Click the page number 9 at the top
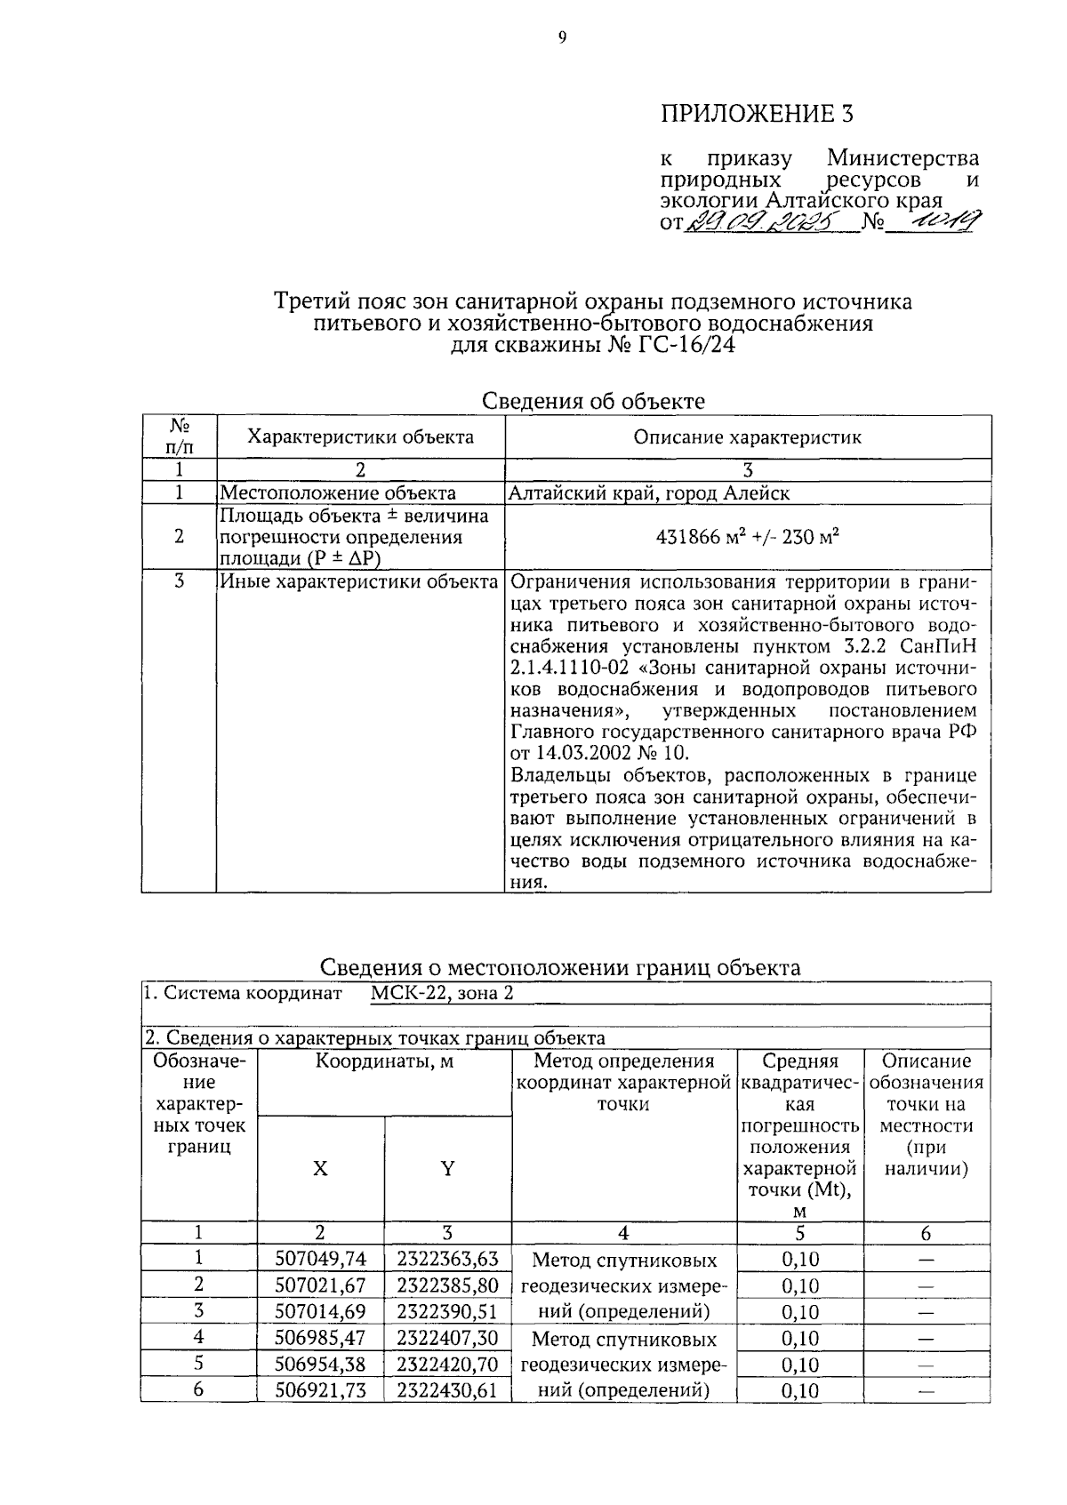[x=562, y=37]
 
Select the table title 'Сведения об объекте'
[x=592, y=401]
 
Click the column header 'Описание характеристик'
[x=747, y=437]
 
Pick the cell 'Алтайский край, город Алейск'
[x=648, y=493]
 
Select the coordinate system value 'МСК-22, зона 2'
[x=441, y=994]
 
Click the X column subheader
[x=320, y=1169]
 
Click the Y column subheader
[x=447, y=1169]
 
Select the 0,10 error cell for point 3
[x=800, y=1312]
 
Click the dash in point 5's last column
[x=926, y=1365]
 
